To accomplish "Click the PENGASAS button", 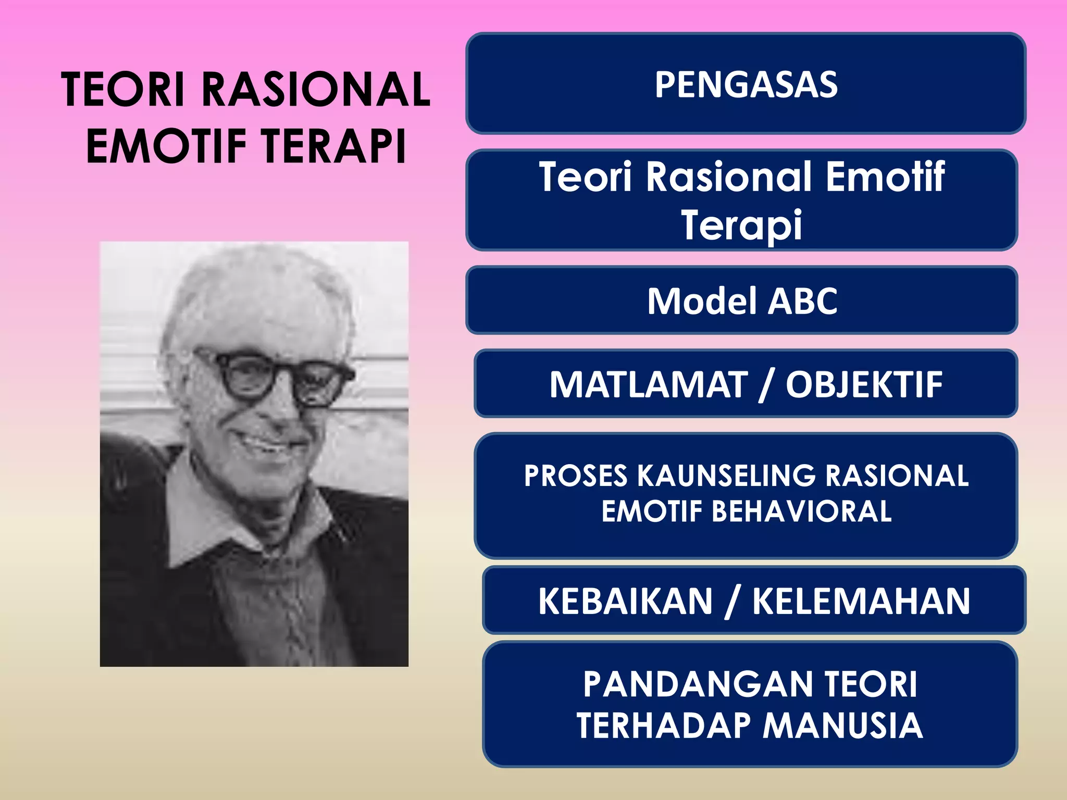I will (x=746, y=84).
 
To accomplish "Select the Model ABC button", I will (x=742, y=301).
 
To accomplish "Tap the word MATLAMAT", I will (x=649, y=384).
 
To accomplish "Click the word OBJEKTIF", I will (x=864, y=384).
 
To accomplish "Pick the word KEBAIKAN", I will (x=625, y=601).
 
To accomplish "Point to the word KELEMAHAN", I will (x=861, y=601).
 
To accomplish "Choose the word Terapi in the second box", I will (x=742, y=224).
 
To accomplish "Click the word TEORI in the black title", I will (x=123, y=90).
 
